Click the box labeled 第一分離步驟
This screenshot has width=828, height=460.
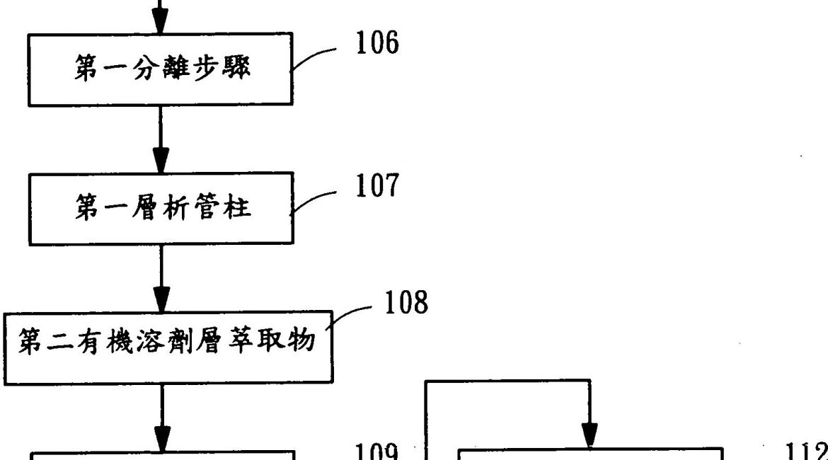pos(161,69)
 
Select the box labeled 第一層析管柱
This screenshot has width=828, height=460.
pos(161,209)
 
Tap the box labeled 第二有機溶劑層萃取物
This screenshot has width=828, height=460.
pos(168,347)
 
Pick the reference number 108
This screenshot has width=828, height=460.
pos(405,303)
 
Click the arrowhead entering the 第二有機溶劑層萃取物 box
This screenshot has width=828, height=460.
pos(162,299)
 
